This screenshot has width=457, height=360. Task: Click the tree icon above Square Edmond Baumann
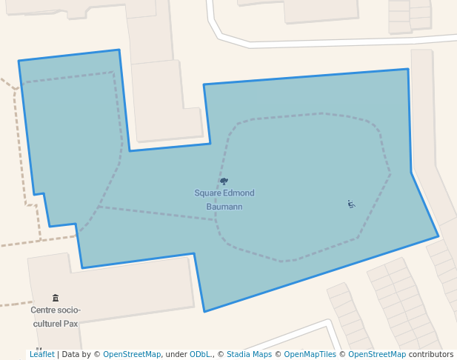pyautogui.click(x=224, y=181)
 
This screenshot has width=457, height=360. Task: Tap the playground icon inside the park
pyautogui.click(x=351, y=204)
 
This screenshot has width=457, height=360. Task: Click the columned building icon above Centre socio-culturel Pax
pyautogui.click(x=56, y=298)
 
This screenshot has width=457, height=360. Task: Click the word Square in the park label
pyautogui.click(x=208, y=193)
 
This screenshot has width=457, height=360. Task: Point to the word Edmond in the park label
pyautogui.click(x=239, y=193)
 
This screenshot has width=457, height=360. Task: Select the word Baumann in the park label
pyautogui.click(x=224, y=207)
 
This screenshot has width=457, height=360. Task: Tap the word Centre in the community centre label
pyautogui.click(x=45, y=310)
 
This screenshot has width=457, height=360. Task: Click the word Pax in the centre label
pyautogui.click(x=70, y=324)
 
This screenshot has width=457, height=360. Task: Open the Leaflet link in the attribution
pyautogui.click(x=41, y=354)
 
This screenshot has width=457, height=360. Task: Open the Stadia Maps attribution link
pyautogui.click(x=249, y=354)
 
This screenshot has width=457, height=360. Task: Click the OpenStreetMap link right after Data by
pyautogui.click(x=132, y=354)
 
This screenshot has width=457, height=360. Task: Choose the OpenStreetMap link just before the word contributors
pyautogui.click(x=377, y=354)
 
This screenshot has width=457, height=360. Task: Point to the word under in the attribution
pyautogui.click(x=176, y=354)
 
